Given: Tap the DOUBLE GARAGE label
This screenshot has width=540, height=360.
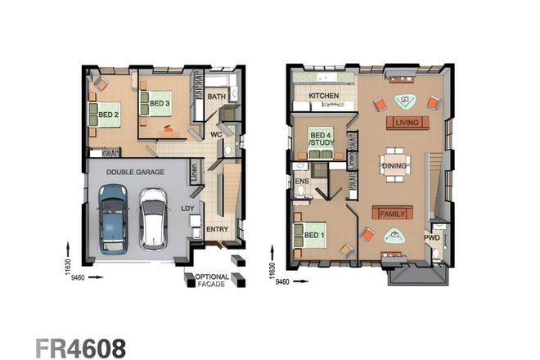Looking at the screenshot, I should pyautogui.click(x=134, y=173).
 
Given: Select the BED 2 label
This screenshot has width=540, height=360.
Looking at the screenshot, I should pyautogui.click(x=109, y=115).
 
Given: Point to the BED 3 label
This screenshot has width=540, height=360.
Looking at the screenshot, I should pyautogui.click(x=160, y=103).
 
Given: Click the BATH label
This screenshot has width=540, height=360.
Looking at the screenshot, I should pyautogui.click(x=216, y=97).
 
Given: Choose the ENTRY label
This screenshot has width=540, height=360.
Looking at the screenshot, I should pyautogui.click(x=217, y=229).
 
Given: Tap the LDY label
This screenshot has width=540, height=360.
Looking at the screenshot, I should pyautogui.click(x=187, y=208).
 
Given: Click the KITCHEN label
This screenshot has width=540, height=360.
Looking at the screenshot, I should pyautogui.click(x=323, y=97).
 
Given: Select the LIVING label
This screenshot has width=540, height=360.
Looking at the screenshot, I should pyautogui.click(x=406, y=123).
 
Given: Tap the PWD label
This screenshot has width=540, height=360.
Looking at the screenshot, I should pyautogui.click(x=431, y=238).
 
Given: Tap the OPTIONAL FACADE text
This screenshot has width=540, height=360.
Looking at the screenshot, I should pyautogui.click(x=212, y=280).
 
